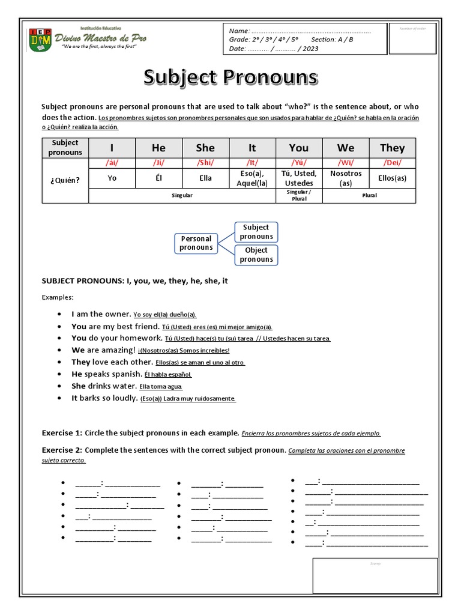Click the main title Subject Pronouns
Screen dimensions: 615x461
230,77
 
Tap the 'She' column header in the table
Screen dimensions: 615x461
205,148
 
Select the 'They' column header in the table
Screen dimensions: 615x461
392,148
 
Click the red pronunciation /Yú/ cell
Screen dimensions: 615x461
298,163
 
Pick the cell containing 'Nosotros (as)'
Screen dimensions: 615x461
346,178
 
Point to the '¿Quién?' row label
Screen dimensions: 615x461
65,178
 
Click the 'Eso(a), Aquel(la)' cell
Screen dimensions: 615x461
252,178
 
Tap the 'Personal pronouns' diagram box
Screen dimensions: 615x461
196,243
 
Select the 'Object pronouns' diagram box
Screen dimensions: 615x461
256,255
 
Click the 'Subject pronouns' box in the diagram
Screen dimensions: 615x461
256,232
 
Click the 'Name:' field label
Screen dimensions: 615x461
238,31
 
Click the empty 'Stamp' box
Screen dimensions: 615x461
375,576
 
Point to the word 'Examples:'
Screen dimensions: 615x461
58,297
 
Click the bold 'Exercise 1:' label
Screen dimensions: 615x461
62,433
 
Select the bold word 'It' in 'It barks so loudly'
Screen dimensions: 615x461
74,398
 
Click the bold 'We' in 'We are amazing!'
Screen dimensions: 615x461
78,350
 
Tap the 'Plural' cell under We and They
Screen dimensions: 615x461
369,196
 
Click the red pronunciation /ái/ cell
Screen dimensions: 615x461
112,163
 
